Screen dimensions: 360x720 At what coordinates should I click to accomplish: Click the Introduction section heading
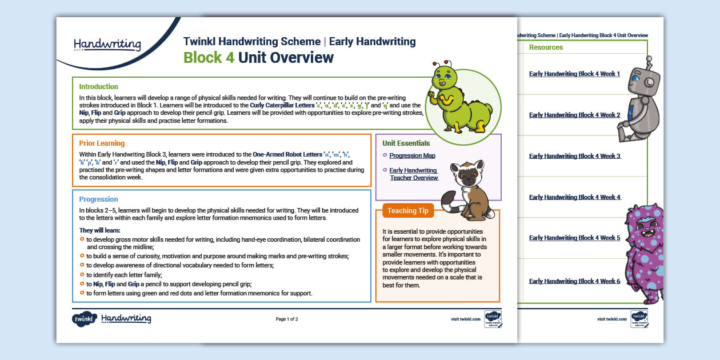pos(98,87)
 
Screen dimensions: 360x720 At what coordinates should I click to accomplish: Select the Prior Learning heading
pos(102,143)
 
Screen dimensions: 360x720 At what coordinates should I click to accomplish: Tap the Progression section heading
pos(98,199)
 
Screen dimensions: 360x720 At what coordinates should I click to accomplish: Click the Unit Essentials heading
pos(406,143)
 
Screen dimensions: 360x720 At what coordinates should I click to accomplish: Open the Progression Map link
pos(412,156)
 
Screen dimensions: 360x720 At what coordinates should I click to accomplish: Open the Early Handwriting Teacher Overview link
pos(414,174)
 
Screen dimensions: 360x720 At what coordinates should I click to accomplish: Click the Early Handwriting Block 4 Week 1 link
pos(574,74)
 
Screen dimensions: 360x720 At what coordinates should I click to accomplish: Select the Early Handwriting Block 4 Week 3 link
pos(574,156)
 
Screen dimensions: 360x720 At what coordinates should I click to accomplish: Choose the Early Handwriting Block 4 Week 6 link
pos(574,281)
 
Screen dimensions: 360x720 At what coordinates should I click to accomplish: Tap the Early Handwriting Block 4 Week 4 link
pos(574,197)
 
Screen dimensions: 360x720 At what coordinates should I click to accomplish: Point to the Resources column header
pos(546,47)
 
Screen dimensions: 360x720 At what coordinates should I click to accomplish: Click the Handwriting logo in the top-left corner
pos(107,44)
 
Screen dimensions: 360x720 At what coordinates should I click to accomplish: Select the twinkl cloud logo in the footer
pos(84,319)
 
